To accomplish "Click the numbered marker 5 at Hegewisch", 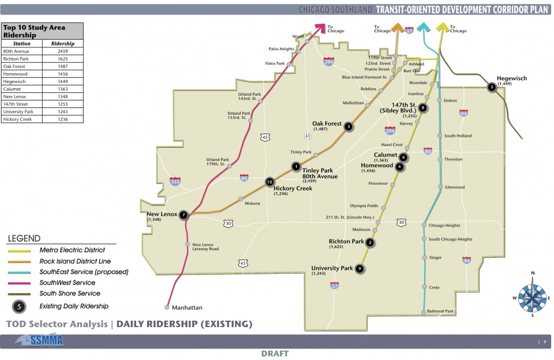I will (x=492, y=87).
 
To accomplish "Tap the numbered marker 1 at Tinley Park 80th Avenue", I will (x=296, y=167).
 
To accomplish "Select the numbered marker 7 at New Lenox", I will (x=184, y=215).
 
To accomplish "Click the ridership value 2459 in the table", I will (x=63, y=51).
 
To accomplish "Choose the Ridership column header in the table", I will (x=63, y=44).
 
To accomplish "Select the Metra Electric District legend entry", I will (x=72, y=250).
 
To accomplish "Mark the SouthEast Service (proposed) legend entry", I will (x=84, y=272).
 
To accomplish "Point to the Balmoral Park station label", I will (x=441, y=311).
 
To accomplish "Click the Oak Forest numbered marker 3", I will (x=348, y=126).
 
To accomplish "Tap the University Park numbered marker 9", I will (x=360, y=268).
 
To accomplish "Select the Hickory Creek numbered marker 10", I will (x=269, y=182).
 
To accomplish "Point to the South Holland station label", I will (x=458, y=136).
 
